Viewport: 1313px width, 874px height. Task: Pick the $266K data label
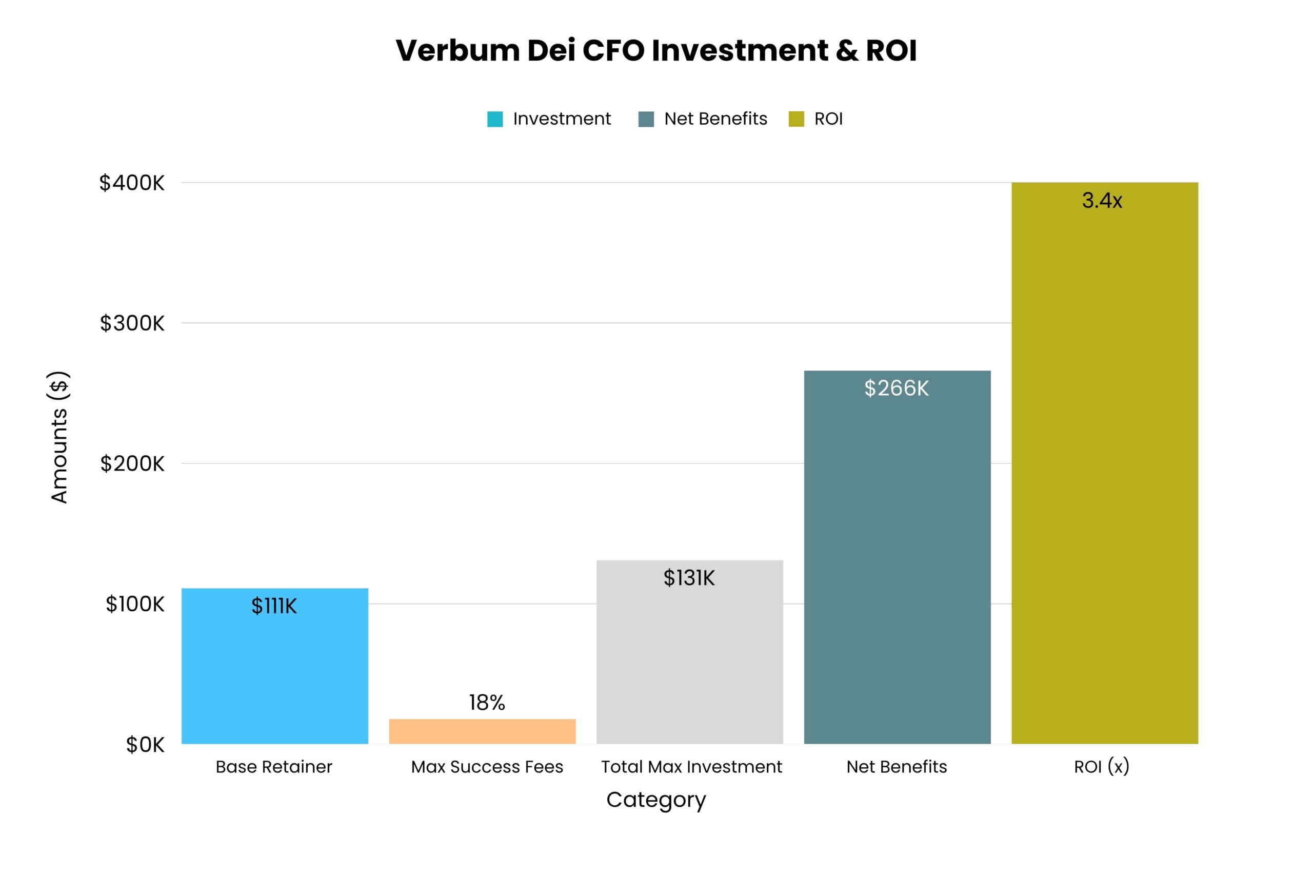[x=897, y=389]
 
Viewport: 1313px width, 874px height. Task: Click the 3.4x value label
[x=1101, y=201]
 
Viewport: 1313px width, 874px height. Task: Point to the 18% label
[x=486, y=703]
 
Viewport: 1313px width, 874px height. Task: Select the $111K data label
[x=274, y=606]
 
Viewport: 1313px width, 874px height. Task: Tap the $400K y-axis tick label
[x=132, y=183]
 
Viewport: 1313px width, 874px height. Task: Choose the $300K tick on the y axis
[x=132, y=323]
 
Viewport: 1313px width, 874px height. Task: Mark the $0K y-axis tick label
[x=145, y=745]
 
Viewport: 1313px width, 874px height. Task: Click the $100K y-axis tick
[x=135, y=604]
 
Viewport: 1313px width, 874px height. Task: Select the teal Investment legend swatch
[x=494, y=119]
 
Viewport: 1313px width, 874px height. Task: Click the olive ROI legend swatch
[x=796, y=119]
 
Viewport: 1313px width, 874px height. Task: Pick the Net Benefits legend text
[x=715, y=119]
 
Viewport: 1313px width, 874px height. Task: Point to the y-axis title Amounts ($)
[x=59, y=437]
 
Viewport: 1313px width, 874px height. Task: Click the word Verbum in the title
[x=457, y=51]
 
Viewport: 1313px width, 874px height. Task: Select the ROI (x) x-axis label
[x=1101, y=767]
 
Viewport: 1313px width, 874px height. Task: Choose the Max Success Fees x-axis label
[x=487, y=767]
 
